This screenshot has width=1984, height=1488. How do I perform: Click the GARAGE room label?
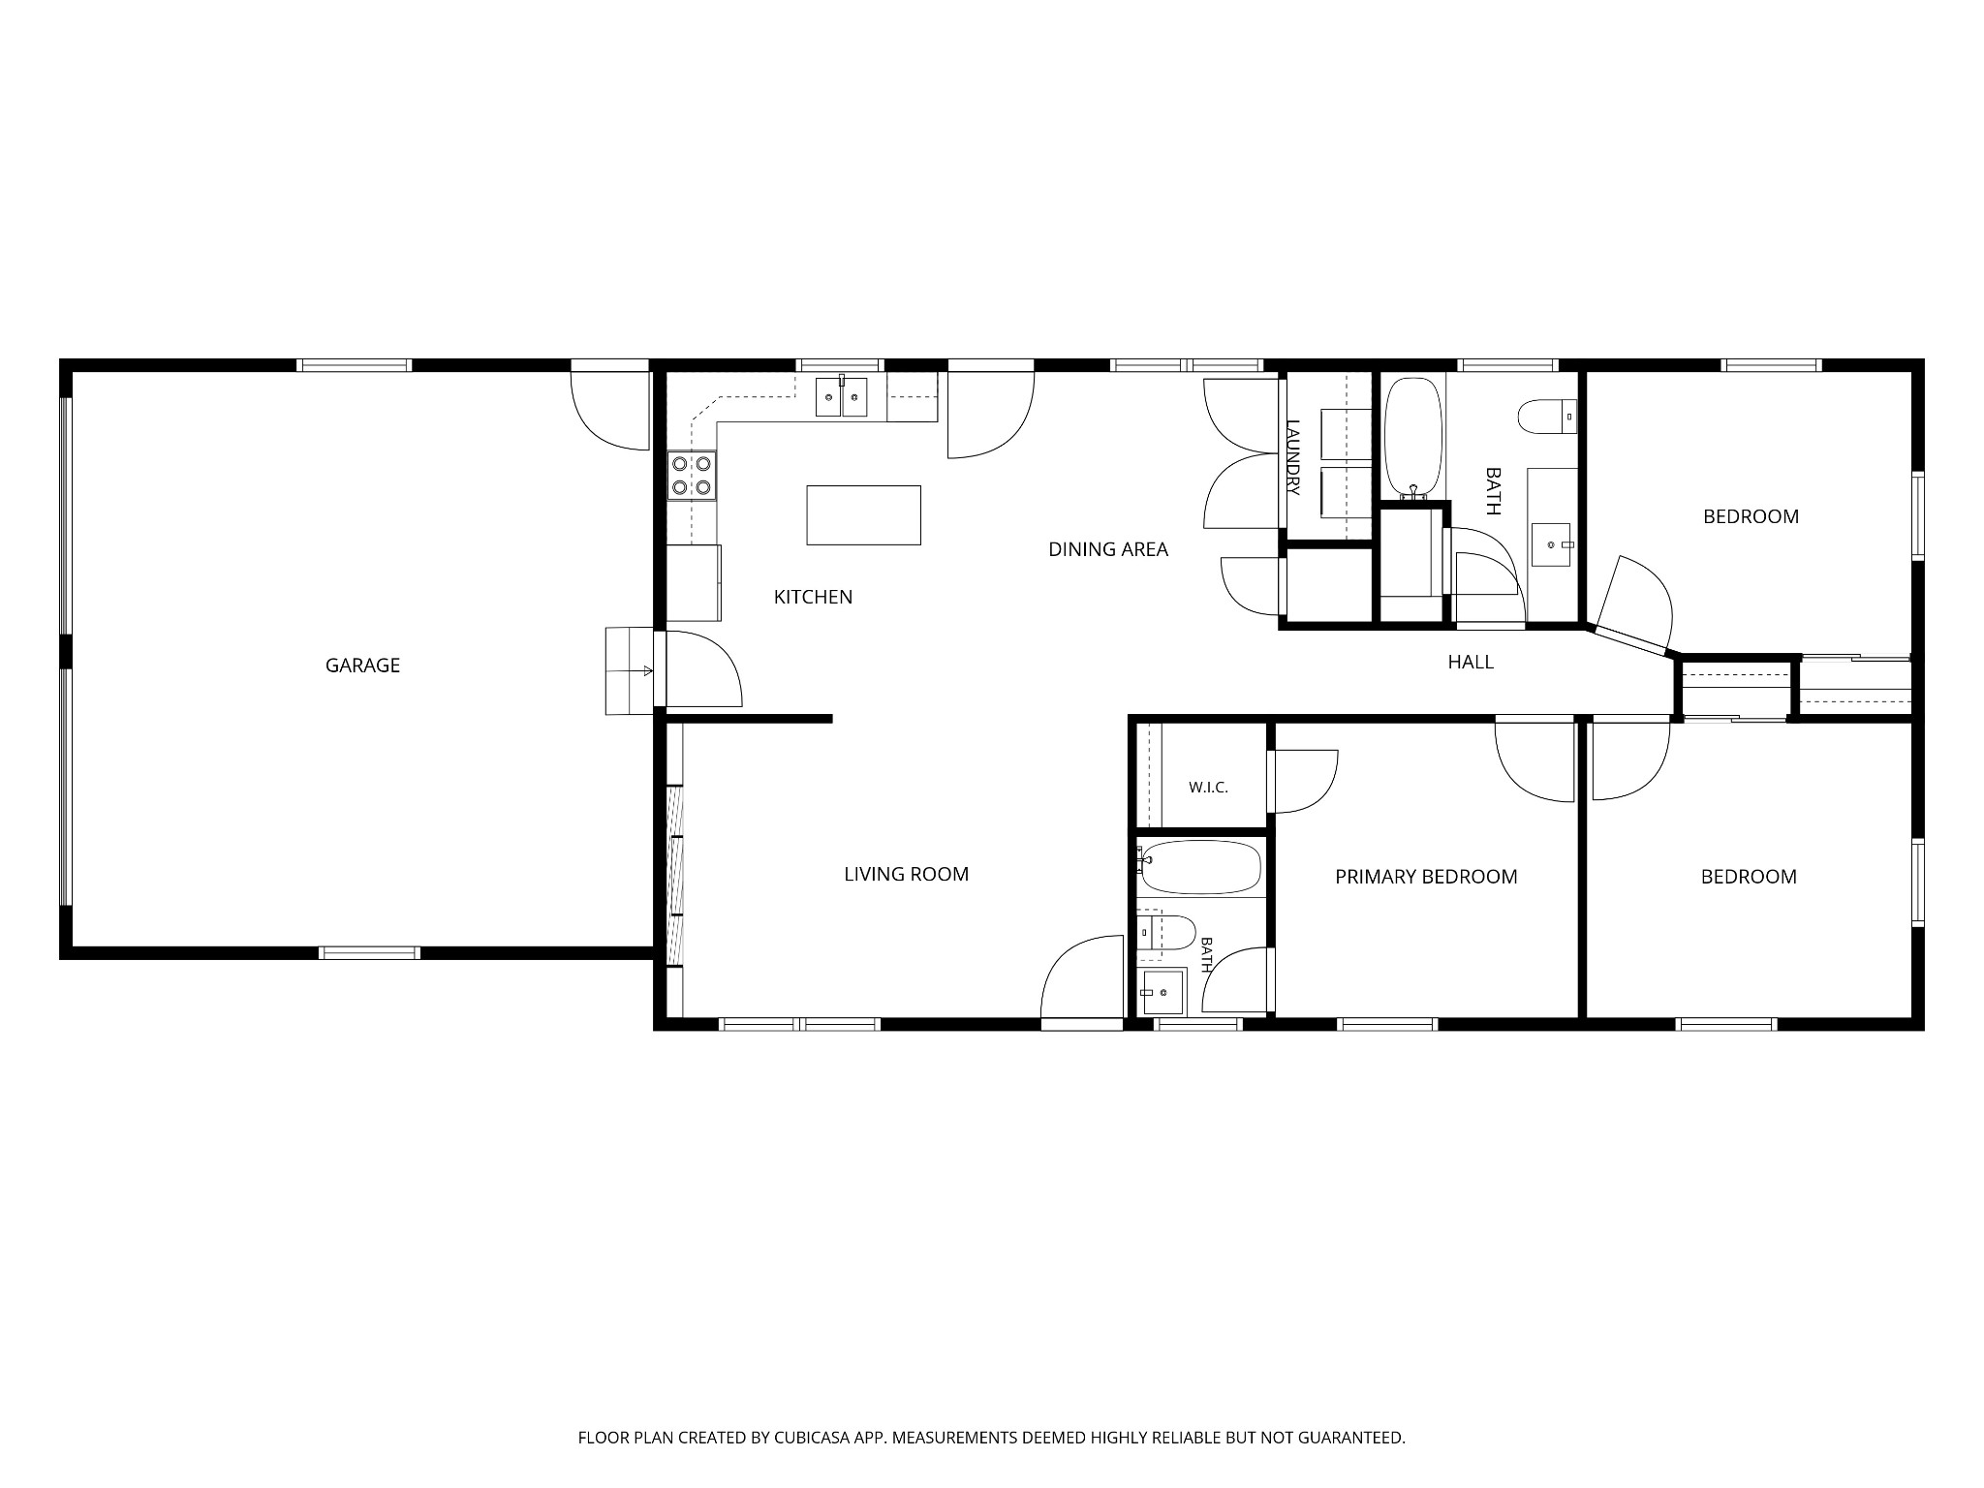362,666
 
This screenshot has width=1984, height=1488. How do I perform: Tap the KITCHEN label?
813,597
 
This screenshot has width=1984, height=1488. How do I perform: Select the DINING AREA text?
1108,549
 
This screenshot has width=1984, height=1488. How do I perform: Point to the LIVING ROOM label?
906,874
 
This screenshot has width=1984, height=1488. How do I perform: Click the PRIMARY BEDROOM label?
1426,877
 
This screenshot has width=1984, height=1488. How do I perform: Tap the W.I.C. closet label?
1208,788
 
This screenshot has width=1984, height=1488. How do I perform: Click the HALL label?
1471,662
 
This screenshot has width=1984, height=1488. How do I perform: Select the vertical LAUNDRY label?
1292,457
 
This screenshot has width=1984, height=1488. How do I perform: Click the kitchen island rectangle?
863,515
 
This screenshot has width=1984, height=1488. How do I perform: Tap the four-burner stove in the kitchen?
692,476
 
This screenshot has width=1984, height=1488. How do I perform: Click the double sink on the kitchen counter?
841,397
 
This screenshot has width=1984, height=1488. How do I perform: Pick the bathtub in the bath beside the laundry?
1413,437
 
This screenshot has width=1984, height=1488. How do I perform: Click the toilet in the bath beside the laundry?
1547,418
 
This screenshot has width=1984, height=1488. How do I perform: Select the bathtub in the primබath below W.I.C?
1201,867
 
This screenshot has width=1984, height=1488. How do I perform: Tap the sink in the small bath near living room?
1162,991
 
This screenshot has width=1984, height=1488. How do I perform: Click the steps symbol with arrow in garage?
630,670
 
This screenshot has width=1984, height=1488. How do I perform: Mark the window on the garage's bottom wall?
369,952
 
